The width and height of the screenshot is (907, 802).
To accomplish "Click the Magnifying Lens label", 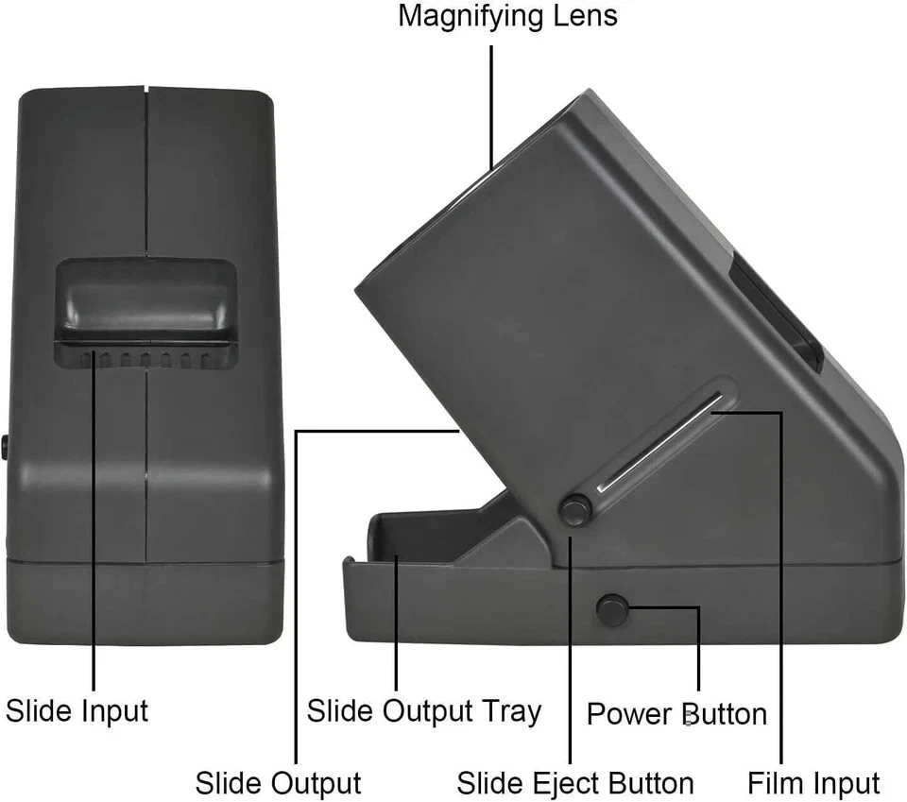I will pyautogui.click(x=509, y=16).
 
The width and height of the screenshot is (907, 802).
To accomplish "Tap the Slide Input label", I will pyautogui.click(x=77, y=710).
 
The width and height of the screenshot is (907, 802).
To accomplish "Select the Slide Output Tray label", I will pyautogui.click(x=424, y=710).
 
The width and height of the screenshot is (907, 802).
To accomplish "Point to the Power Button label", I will pyautogui.click(x=676, y=713).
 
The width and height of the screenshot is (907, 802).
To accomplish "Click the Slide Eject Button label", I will pyautogui.click(x=575, y=783).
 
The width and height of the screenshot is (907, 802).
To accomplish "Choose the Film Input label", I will pyautogui.click(x=813, y=783).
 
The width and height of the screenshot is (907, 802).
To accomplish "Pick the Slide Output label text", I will pyautogui.click(x=278, y=783).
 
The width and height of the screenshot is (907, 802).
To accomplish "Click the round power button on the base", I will pyautogui.click(x=612, y=609).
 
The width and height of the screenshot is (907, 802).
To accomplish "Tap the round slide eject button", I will pyautogui.click(x=574, y=510).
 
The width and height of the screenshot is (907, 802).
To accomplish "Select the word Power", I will pyautogui.click(x=626, y=713).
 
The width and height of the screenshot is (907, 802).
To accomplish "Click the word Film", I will pyautogui.click(x=776, y=783).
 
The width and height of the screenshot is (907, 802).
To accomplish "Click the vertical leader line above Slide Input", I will pyautogui.click(x=94, y=520).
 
